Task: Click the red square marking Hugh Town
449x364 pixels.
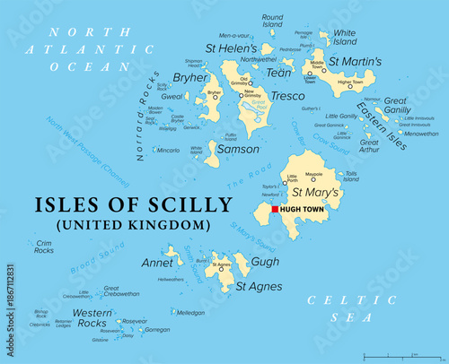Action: (275, 209)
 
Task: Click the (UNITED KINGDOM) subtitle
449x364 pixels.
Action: (121, 224)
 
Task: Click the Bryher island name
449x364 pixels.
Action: (190, 77)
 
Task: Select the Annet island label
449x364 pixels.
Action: (157, 264)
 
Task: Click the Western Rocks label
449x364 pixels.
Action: (93, 317)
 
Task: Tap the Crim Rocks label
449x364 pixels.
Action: (43, 247)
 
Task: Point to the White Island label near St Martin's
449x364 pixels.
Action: (345, 37)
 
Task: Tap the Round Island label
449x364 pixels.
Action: (272, 21)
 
